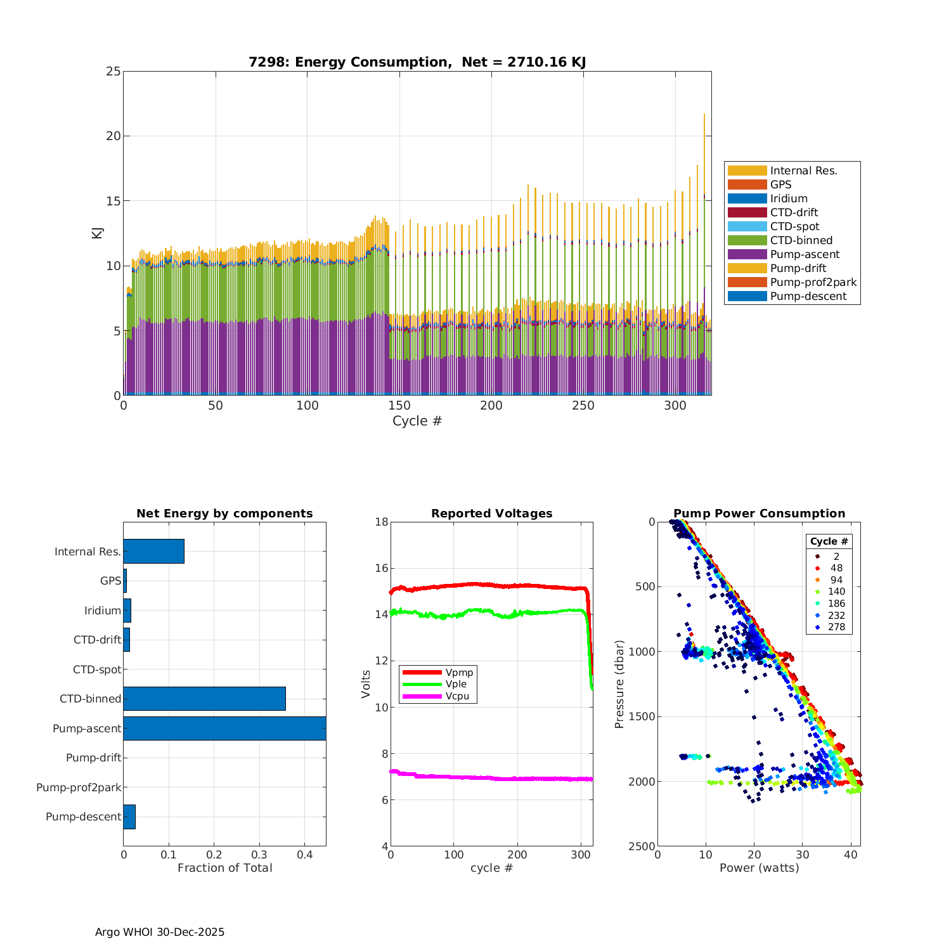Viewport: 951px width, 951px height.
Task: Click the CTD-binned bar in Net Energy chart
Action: pos(204,699)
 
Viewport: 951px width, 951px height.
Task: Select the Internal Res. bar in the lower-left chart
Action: pos(153,552)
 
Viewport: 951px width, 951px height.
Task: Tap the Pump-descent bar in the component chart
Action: pos(129,817)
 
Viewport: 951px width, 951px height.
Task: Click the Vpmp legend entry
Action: pos(459,672)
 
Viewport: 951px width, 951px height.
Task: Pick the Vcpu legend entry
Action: pos(456,696)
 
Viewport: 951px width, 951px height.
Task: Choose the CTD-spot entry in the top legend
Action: pos(794,226)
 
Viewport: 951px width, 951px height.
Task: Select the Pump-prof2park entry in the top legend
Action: pos(813,282)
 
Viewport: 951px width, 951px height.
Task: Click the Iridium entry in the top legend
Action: pos(789,198)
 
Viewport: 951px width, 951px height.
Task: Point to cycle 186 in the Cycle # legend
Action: pos(836,604)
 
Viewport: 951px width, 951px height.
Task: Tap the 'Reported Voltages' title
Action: pos(491,514)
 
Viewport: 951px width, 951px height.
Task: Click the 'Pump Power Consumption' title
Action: pos(759,514)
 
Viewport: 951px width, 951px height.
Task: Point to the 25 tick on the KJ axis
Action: pos(113,72)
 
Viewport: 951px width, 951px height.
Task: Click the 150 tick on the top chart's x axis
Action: pos(399,406)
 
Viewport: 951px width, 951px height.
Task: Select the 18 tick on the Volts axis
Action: pos(381,522)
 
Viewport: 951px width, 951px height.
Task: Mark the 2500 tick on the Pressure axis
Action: pos(642,846)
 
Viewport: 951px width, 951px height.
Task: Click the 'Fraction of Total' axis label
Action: pos(224,868)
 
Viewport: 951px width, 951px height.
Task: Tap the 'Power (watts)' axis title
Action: pos(759,868)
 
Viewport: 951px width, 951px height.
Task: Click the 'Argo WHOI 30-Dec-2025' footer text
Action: pos(160,932)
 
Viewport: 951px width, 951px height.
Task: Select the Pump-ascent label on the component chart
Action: pos(87,728)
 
